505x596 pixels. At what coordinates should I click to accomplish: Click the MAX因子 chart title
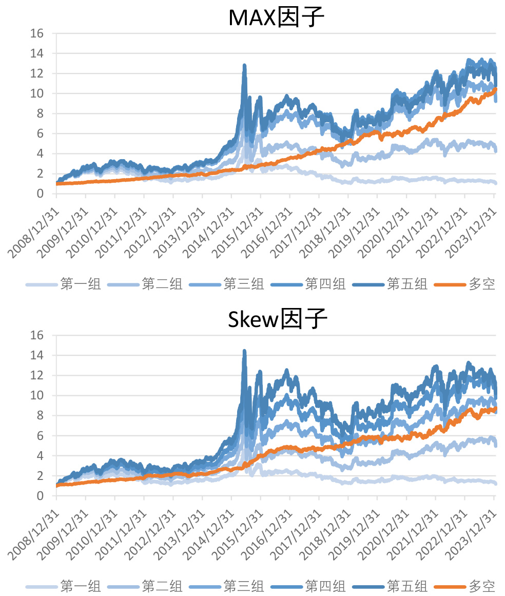click(277, 18)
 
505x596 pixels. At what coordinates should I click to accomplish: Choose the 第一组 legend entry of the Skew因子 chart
click(80, 586)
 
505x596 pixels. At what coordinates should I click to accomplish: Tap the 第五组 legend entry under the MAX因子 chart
click(406, 284)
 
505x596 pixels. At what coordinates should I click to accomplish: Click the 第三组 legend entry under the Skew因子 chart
click(243, 586)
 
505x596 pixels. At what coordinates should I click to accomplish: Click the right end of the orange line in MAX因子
click(495, 89)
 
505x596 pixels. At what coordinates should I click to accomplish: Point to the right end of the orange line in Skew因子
click(495, 409)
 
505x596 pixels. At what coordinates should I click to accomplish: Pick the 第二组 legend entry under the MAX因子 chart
click(162, 284)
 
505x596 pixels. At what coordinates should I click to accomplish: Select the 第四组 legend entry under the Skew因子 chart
click(325, 586)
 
